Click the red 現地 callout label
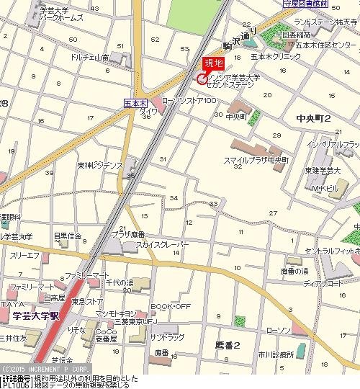click(x=214, y=64)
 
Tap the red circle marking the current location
click(x=201, y=78)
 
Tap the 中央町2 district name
click(x=313, y=118)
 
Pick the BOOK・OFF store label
click(x=171, y=306)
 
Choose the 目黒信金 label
click(x=68, y=236)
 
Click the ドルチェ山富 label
click(x=89, y=56)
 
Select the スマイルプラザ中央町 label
click(x=256, y=159)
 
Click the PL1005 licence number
click(x=16, y=385)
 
